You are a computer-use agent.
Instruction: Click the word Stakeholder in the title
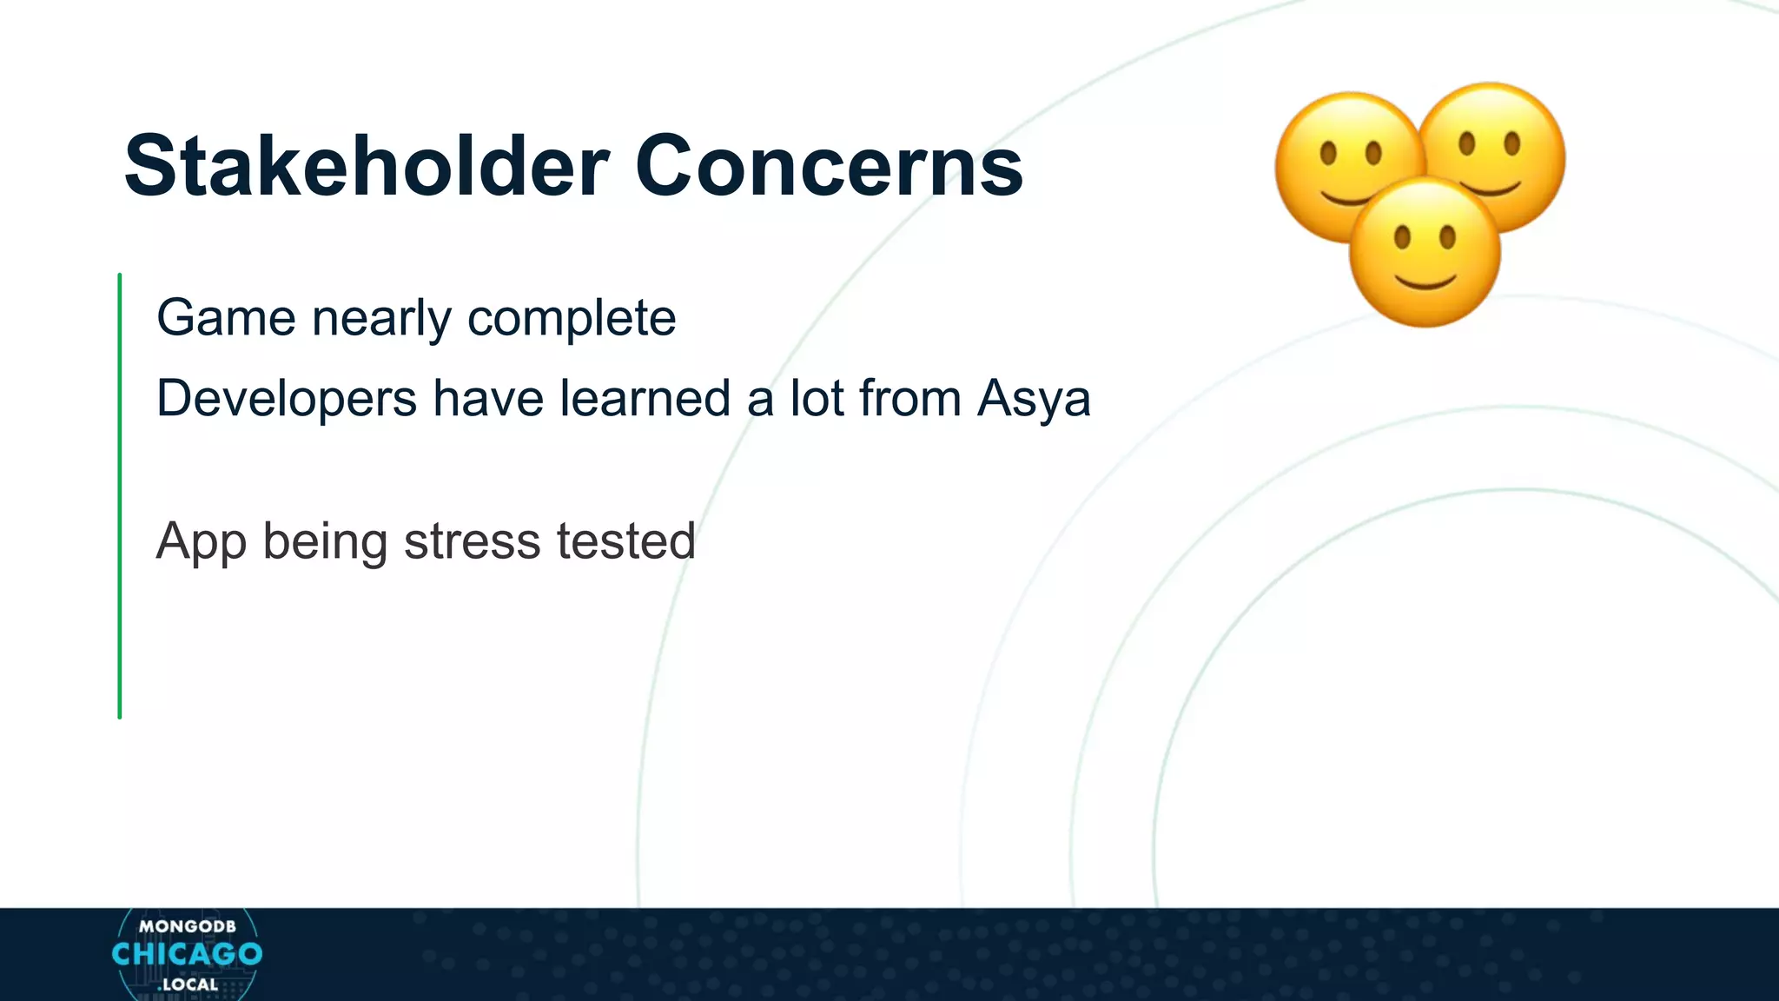366,166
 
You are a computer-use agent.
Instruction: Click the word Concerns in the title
829,166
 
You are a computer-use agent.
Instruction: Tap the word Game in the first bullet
226,317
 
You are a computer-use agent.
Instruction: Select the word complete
572,319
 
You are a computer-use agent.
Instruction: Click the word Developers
287,400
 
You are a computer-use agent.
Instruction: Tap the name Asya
1033,401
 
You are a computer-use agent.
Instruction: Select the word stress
473,541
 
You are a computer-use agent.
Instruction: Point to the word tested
625,540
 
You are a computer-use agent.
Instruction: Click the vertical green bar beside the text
120,495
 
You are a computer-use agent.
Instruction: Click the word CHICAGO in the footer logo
187,954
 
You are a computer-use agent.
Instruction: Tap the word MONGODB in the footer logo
187,926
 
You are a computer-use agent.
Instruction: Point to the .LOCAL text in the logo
188,984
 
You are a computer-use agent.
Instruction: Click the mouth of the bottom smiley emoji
1425,281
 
